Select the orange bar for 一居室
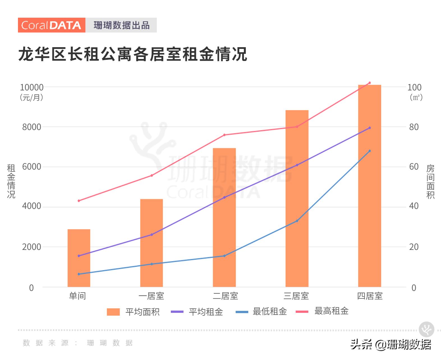click(x=151, y=243)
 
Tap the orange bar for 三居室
click(x=297, y=198)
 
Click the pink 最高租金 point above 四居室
click(x=369, y=83)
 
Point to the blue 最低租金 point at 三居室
click(x=297, y=221)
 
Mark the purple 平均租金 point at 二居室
click(x=224, y=197)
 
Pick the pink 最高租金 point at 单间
click(x=79, y=201)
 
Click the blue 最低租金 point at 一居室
click(x=152, y=264)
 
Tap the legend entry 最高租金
click(x=322, y=311)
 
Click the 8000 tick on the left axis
click(x=32, y=127)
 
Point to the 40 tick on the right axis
click(x=414, y=206)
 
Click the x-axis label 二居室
click(x=225, y=296)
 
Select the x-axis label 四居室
click(x=370, y=296)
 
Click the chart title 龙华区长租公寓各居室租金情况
click(x=133, y=54)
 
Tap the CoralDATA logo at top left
click(x=52, y=25)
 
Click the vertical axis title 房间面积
click(x=430, y=182)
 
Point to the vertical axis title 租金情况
click(x=11, y=181)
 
